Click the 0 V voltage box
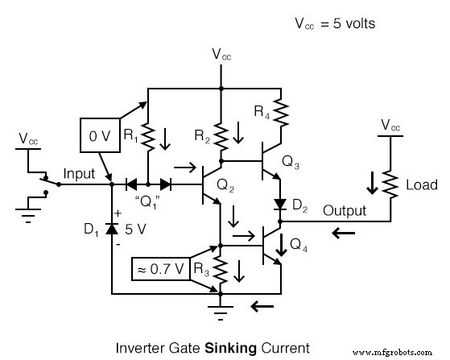click(x=100, y=136)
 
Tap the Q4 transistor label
click(x=298, y=243)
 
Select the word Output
click(x=345, y=211)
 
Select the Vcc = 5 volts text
click(x=335, y=23)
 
